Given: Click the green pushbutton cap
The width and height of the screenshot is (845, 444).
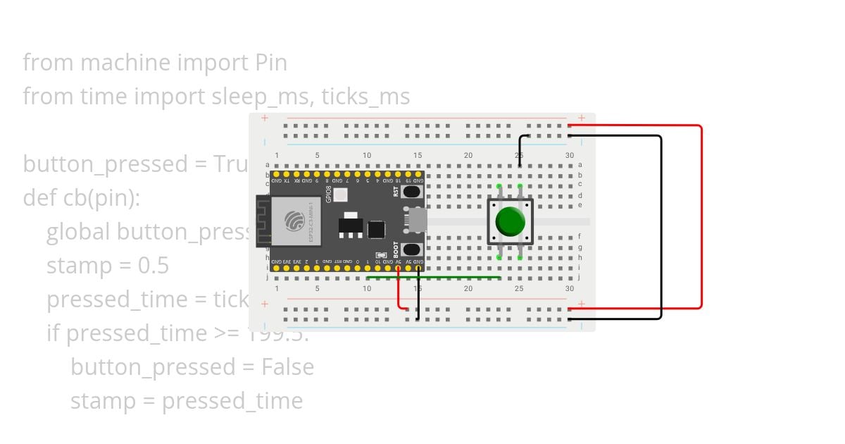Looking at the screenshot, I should (x=510, y=221).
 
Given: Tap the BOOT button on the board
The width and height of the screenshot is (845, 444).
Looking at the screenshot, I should (x=412, y=249).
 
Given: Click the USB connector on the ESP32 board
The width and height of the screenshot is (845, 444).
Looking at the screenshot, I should (x=416, y=221).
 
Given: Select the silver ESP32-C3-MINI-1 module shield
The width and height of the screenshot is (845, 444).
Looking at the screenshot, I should (x=294, y=221).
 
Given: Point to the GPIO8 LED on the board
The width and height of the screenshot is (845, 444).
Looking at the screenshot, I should (x=340, y=195).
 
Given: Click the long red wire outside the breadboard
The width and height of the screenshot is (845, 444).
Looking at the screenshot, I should (x=701, y=218).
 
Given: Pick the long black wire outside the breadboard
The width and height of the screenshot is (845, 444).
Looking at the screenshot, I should (x=661, y=226).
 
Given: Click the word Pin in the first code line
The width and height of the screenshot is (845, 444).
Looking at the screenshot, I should (x=270, y=63).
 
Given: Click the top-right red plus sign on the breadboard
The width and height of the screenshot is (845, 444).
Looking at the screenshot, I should (x=582, y=118).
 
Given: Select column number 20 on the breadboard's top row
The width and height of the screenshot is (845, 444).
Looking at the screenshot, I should (x=468, y=155).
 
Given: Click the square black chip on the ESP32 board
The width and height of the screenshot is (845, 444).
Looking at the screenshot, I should (x=377, y=230).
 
